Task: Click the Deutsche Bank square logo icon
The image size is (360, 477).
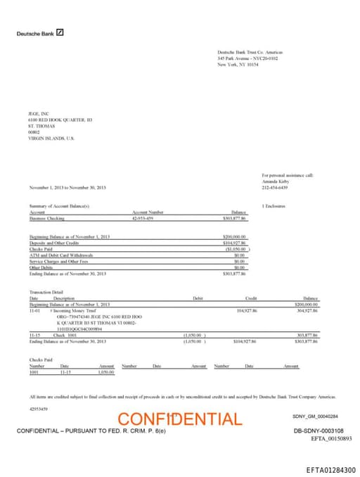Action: [x=60, y=32]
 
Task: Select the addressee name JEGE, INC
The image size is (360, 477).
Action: [x=39, y=113]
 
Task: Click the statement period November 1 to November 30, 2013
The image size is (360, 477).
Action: [x=68, y=187]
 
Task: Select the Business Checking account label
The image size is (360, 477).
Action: [x=46, y=218]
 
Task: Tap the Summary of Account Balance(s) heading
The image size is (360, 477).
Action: [x=59, y=205]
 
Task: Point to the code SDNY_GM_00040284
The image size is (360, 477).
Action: [x=315, y=416]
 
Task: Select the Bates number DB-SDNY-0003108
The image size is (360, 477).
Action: [x=319, y=431]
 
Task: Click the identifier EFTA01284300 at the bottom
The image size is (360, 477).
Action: [x=330, y=470]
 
